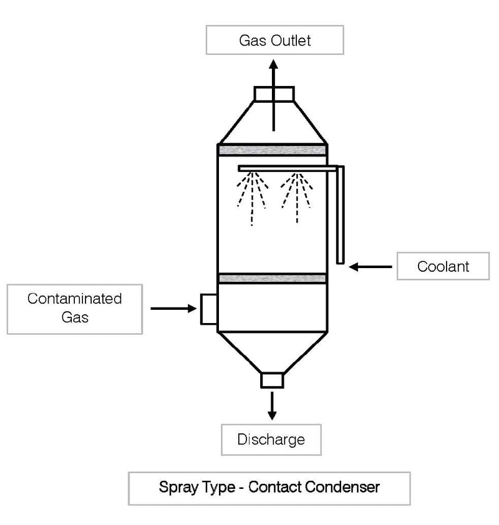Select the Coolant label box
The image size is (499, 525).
[x=443, y=267]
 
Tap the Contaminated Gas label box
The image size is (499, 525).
[x=74, y=308]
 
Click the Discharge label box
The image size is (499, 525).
[x=271, y=440]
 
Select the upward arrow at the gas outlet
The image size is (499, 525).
[x=273, y=94]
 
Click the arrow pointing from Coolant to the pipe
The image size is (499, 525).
[x=371, y=267]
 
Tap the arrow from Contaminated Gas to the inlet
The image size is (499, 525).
[x=173, y=308]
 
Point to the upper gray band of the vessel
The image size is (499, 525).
[x=272, y=150]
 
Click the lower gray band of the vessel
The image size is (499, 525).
[x=272, y=278]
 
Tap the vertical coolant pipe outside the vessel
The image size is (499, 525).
[x=340, y=215]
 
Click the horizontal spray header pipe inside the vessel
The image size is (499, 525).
[x=287, y=168]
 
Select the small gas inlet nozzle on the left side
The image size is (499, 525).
[x=208, y=309]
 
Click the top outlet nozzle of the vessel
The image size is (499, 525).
[x=274, y=94]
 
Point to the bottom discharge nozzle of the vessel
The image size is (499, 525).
[x=272, y=380]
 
